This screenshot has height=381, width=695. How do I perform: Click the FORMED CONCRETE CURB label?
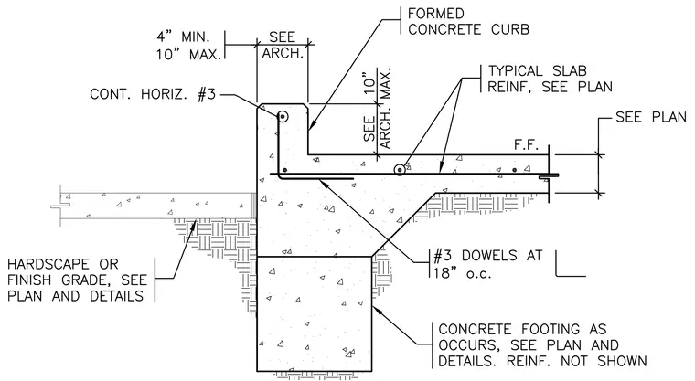tap(468, 21)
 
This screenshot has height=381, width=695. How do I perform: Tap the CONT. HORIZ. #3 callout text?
tap(153, 94)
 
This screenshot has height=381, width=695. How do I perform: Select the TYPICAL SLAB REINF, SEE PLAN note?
tap(550, 79)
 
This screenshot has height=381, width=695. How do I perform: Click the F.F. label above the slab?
tap(526, 145)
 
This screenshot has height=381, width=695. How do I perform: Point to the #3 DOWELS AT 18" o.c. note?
tap(487, 264)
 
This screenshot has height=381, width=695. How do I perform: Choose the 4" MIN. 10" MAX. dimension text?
tap(188, 45)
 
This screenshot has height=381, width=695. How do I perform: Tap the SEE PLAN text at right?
tap(651, 117)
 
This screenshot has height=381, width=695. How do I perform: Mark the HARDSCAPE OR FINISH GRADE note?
tap(77, 280)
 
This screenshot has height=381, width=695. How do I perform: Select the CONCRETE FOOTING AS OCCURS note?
tap(542, 345)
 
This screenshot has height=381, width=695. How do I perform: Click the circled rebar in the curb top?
tap(283, 117)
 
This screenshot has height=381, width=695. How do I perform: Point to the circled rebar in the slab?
tap(400, 170)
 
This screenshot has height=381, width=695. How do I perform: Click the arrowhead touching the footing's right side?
tap(377, 309)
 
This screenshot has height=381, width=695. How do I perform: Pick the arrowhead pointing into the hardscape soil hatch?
tap(194, 225)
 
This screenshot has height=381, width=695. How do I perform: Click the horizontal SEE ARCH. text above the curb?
tap(283, 45)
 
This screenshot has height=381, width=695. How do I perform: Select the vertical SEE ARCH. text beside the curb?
tap(378, 128)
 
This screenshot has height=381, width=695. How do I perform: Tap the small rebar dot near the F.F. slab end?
tap(515, 170)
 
